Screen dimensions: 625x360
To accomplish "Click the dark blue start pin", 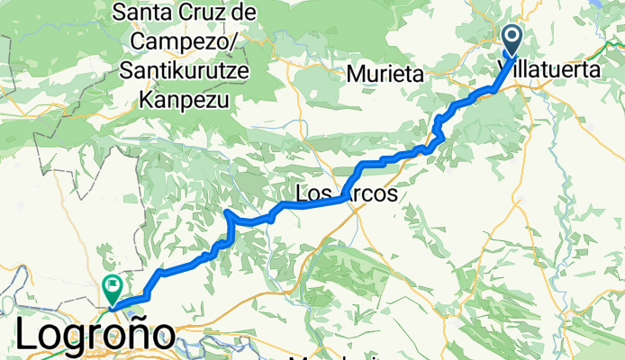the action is tap(513, 40).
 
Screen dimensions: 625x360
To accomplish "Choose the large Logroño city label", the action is tap(95, 337).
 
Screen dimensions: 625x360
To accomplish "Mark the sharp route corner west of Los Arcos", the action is tap(227, 213).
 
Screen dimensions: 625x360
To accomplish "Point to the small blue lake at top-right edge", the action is tap(617, 4).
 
